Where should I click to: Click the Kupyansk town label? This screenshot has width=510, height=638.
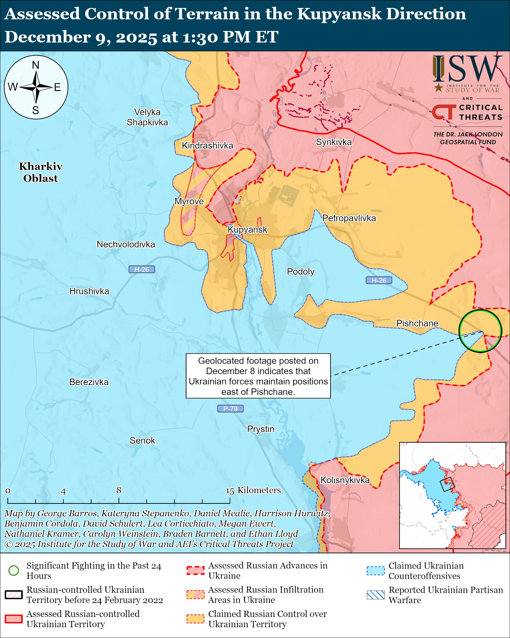pyautogui.click(x=247, y=230)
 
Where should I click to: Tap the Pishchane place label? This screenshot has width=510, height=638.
pyautogui.click(x=417, y=323)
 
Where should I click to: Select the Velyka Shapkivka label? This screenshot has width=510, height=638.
pyautogui.click(x=147, y=117)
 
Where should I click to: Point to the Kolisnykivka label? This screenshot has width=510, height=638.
pyautogui.click(x=345, y=480)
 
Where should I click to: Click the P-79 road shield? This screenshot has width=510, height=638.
pyautogui.click(x=230, y=409)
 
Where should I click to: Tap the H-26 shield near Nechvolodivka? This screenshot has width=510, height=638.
pyautogui.click(x=141, y=270)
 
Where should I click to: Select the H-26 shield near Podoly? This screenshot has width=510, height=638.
pyautogui.click(x=379, y=280)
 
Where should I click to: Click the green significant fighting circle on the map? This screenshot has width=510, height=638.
pyautogui.click(x=480, y=331)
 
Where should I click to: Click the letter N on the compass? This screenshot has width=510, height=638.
pyautogui.click(x=36, y=65)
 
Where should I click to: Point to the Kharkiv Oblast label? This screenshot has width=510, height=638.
pyautogui.click(x=41, y=172)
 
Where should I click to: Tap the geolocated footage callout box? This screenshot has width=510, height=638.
pyautogui.click(x=258, y=376)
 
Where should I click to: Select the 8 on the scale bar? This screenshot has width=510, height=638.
pyautogui.click(x=119, y=490)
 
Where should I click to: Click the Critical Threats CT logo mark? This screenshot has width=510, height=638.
pyautogui.click(x=444, y=112)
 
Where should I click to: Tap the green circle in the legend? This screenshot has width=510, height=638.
pyautogui.click(x=14, y=570)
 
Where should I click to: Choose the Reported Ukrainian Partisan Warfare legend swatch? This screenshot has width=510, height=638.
pyautogui.click(x=376, y=595)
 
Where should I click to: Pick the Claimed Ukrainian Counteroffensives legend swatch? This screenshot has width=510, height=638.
pyautogui.click(x=376, y=571)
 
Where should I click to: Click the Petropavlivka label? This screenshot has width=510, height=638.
pyautogui.click(x=349, y=218)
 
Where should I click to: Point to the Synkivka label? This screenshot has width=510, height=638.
pyautogui.click(x=334, y=142)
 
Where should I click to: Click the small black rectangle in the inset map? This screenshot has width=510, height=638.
pyautogui.click(x=447, y=484)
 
